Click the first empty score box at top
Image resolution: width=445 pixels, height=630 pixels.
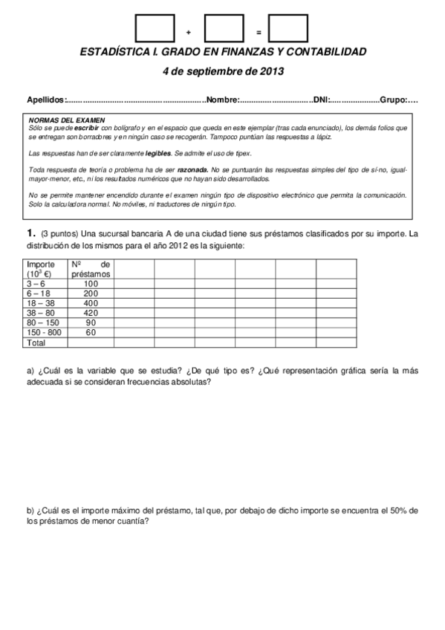click(x=154, y=30)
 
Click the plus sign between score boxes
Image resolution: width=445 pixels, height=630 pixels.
click(x=189, y=33)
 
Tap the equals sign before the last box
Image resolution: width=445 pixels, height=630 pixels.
click(x=257, y=33)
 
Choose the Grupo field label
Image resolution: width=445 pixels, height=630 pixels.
click(x=393, y=100)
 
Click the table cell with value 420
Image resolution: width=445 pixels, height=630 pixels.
click(x=91, y=313)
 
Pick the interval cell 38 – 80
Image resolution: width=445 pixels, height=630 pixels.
click(x=39, y=313)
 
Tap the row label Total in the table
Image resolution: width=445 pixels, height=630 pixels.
click(x=36, y=343)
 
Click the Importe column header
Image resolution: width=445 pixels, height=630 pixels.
click(x=40, y=264)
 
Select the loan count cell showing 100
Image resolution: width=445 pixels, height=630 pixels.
click(x=91, y=283)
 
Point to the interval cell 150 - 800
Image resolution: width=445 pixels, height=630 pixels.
click(x=43, y=333)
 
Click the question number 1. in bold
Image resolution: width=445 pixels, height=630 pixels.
click(x=32, y=234)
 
